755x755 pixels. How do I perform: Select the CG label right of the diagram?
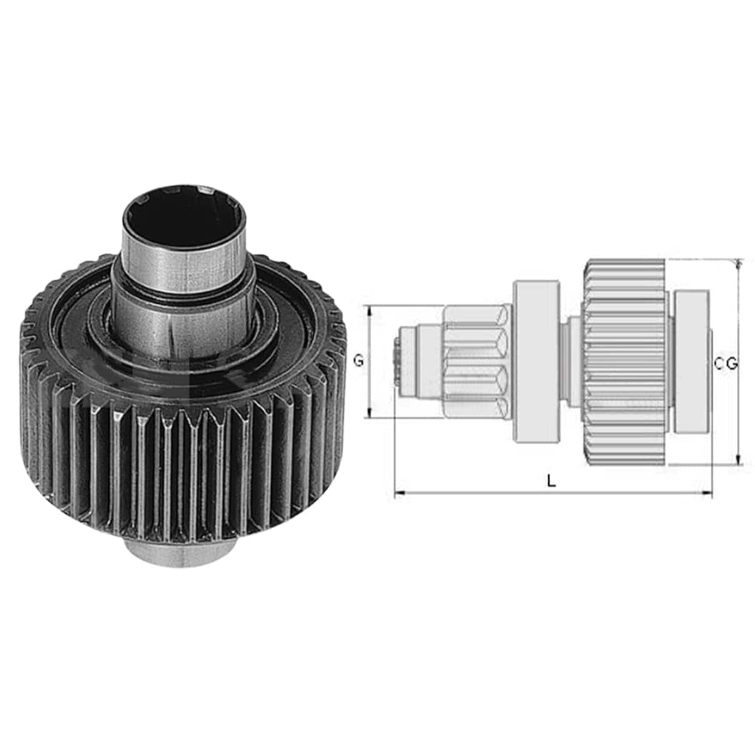(x=726, y=364)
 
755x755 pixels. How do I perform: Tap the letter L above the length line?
(x=552, y=481)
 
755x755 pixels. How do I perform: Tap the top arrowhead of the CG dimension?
(x=738, y=264)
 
